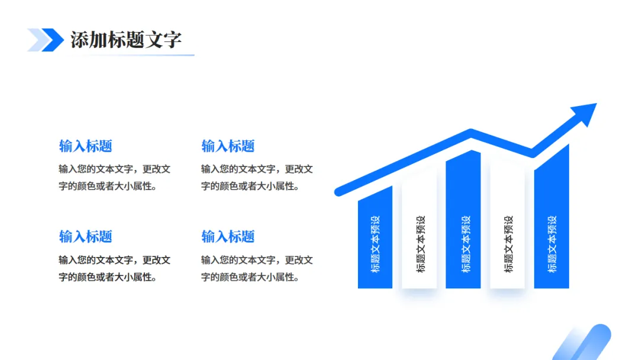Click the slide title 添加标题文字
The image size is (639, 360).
pyautogui.click(x=126, y=40)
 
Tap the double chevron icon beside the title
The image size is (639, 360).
pyautogui.click(x=46, y=40)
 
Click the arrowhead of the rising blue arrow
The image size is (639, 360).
pyautogui.click(x=585, y=114)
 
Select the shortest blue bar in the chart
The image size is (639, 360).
pyautogui.click(x=375, y=237)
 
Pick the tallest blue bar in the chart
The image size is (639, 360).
pyautogui.click(x=551, y=217)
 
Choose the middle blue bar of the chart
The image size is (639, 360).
pyautogui.click(x=463, y=219)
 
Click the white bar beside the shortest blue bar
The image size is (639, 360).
pyautogui.click(x=419, y=231)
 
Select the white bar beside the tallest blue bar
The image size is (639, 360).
pyautogui.click(x=508, y=224)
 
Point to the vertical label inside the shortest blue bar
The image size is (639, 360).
pyautogui.click(x=375, y=244)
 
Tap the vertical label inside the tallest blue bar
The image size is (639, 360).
pyautogui.click(x=552, y=244)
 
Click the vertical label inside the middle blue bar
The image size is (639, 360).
pyautogui.click(x=466, y=244)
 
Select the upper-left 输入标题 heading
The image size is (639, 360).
pyautogui.click(x=86, y=146)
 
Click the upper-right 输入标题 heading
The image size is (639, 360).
pyautogui.click(x=228, y=146)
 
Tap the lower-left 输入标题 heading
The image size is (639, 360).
pyautogui.click(x=86, y=236)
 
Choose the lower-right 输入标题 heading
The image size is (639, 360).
pyautogui.click(x=228, y=236)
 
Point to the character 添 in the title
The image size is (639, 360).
pyautogui.click(x=80, y=40)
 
